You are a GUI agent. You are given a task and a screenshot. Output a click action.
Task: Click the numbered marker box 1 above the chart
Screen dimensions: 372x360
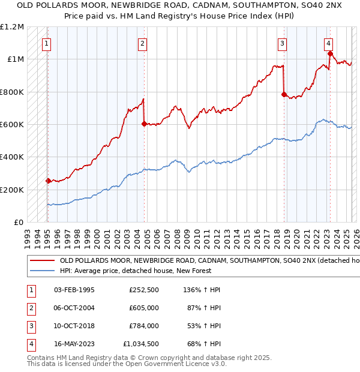click(x=47, y=43)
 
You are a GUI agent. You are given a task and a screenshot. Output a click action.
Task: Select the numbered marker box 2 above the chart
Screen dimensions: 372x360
click(x=142, y=43)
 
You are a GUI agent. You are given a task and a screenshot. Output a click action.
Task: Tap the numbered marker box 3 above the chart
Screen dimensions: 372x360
click(x=282, y=43)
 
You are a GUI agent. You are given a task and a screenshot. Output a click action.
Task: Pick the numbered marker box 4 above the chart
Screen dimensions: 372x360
click(x=329, y=43)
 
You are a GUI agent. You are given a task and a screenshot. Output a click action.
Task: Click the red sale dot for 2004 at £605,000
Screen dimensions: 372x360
click(x=144, y=124)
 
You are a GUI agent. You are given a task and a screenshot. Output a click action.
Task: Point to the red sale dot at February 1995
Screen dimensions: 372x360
click(x=48, y=181)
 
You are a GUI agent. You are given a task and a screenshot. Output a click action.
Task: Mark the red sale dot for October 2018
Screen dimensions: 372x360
click(x=284, y=94)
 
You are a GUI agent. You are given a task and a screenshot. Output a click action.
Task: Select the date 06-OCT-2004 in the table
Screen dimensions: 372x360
click(x=74, y=308)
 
